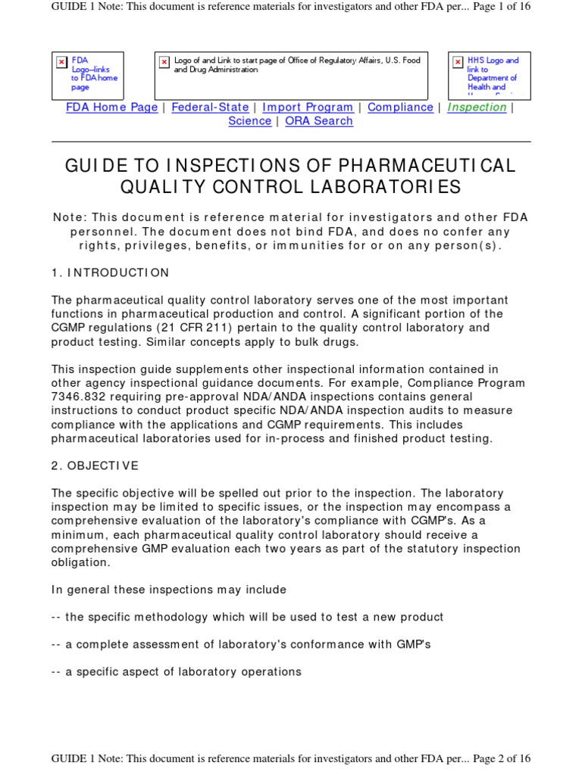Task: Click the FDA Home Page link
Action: coord(111,107)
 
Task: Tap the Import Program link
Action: coord(307,107)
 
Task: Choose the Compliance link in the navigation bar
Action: coord(400,107)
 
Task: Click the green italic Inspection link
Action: coord(477,107)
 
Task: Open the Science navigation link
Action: coord(249,121)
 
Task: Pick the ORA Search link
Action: coord(319,121)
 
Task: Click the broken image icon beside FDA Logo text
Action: coord(61,62)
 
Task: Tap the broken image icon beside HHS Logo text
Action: coord(458,62)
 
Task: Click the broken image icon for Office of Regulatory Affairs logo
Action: coord(164,62)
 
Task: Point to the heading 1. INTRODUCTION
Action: coord(111,272)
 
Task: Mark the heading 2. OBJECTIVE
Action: coord(95,465)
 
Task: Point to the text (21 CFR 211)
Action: coord(197,328)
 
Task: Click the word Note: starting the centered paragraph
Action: coord(70,218)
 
